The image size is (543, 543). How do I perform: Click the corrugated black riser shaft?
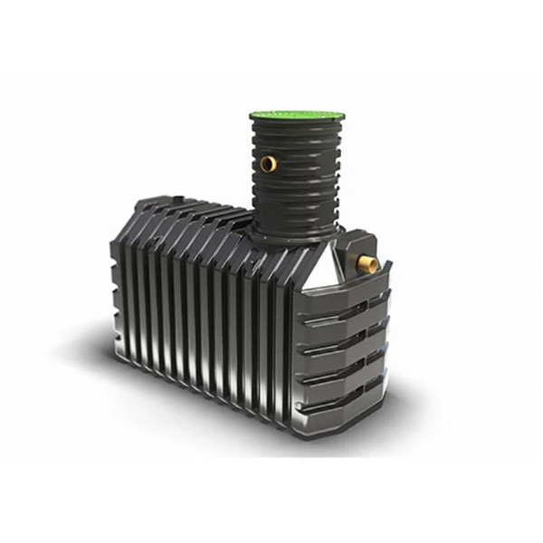[x=288, y=181]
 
